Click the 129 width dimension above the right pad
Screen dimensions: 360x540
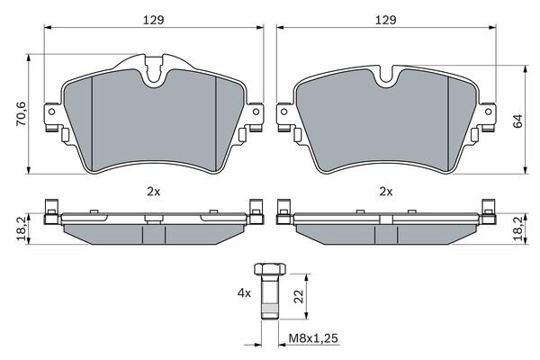click(385, 17)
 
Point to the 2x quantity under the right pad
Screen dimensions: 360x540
click(385, 192)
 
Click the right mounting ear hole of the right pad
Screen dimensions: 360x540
click(489, 113)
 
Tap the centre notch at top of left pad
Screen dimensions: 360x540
click(155, 74)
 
